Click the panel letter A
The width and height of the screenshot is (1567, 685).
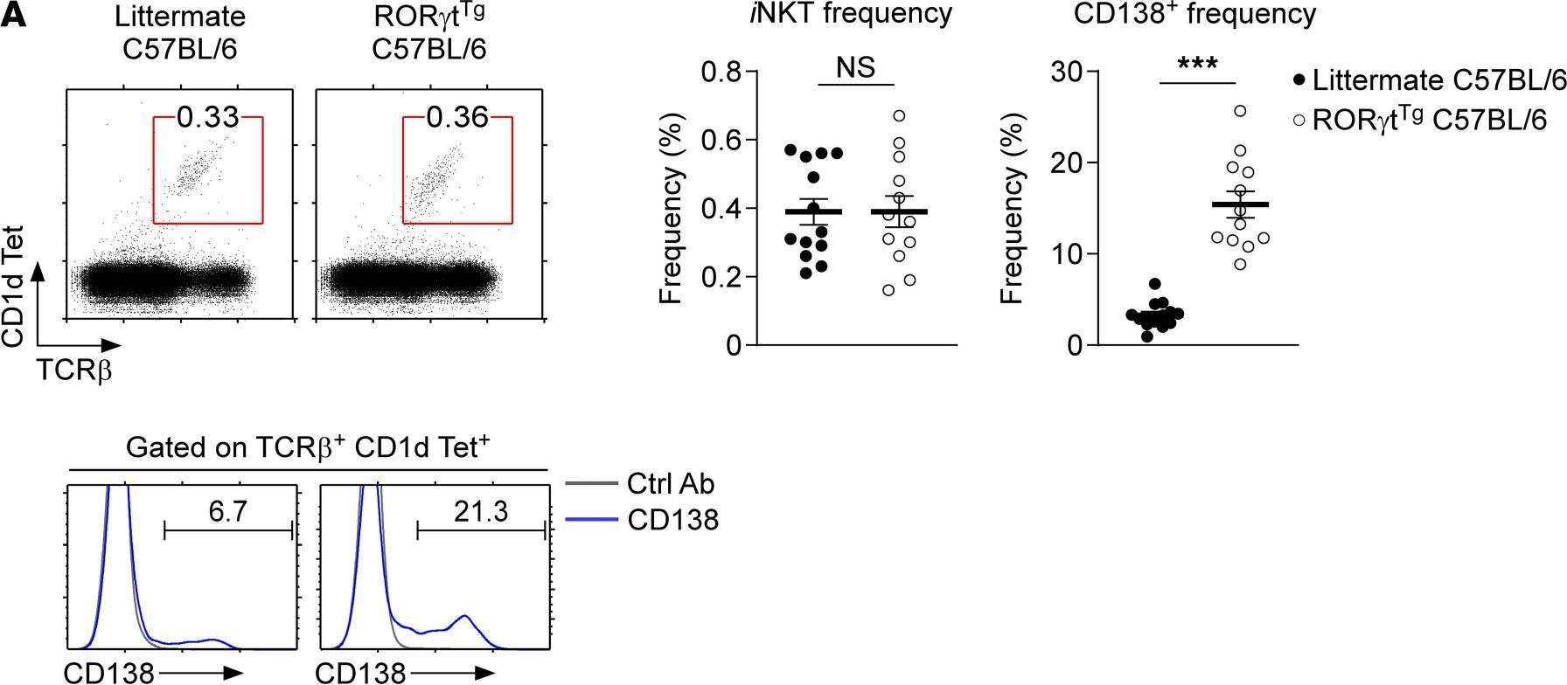click(15, 16)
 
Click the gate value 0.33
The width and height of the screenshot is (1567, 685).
click(207, 116)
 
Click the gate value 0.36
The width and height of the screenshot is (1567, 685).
click(456, 116)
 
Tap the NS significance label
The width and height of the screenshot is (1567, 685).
click(855, 68)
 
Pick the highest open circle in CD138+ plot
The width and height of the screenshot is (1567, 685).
click(1239, 111)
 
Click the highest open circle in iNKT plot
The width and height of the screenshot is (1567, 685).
click(898, 115)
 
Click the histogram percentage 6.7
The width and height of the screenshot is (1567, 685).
click(227, 511)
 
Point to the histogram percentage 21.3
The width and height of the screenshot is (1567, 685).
click(480, 511)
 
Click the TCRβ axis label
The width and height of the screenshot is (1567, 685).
click(74, 371)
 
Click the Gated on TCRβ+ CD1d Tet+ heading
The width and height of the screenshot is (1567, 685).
click(308, 448)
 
